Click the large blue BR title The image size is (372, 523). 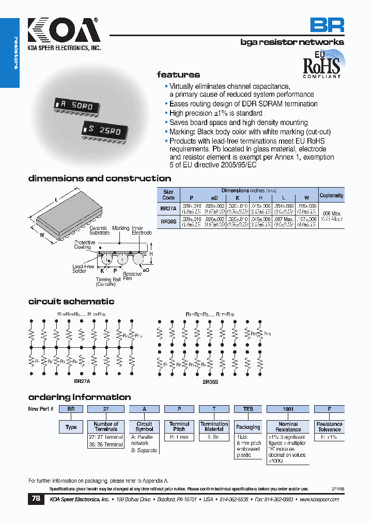coord(327,25)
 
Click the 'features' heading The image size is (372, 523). coord(178,74)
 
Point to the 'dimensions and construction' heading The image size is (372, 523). coord(99,178)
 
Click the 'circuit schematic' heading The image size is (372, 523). coord(71,301)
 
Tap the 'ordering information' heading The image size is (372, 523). coord(79,397)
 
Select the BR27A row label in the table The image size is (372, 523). coord(168,208)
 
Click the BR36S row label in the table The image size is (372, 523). coord(168,222)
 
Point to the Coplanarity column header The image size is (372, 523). coord(331,195)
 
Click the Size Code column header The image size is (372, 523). coord(168,194)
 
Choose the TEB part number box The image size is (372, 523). coord(248,409)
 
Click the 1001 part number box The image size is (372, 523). coord(288,409)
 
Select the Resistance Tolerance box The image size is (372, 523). coord(329,427)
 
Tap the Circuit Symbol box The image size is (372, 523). coord(144,426)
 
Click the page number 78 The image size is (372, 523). coord(36,499)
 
